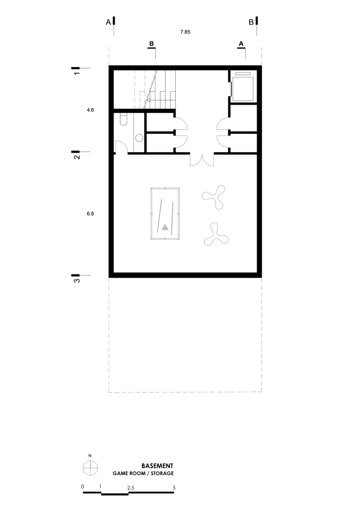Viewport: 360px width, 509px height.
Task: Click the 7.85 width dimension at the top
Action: point(185,32)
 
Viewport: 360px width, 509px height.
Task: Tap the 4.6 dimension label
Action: point(90,109)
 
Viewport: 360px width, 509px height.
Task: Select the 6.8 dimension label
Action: point(90,214)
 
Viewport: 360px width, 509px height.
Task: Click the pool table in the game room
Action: point(165,214)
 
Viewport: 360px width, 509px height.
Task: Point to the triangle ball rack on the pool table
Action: point(165,228)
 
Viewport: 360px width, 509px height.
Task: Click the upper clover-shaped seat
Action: point(213,196)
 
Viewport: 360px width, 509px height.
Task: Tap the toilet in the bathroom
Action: point(123,119)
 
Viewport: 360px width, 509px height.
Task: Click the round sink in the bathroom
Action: point(139,137)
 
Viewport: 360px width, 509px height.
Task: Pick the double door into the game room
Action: point(202,159)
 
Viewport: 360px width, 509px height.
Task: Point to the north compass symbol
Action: point(90,467)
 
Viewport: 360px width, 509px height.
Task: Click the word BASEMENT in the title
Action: point(157,466)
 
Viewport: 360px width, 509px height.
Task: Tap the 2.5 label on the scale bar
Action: point(131,488)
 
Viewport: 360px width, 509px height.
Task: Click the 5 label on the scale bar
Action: point(174,487)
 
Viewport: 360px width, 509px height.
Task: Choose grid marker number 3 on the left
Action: point(77,279)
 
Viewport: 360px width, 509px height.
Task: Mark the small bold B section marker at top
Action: point(151,44)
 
